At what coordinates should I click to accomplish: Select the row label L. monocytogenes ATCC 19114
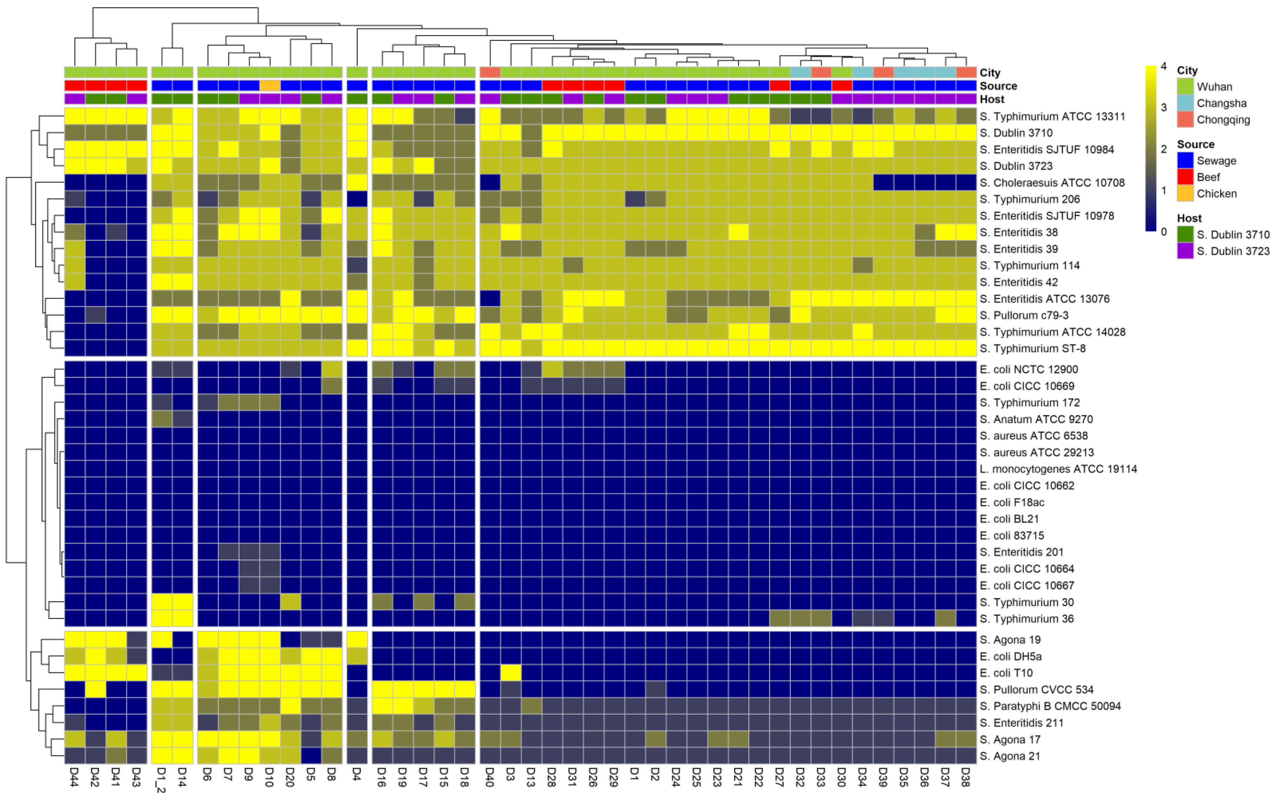click(1058, 469)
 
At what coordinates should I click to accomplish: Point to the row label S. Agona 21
click(1010, 756)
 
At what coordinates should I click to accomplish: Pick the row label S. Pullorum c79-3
click(1024, 315)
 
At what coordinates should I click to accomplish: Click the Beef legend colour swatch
click(1185, 177)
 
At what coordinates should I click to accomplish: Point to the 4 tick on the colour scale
click(1163, 67)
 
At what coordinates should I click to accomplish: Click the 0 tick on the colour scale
click(1163, 231)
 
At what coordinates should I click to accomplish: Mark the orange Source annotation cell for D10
click(270, 85)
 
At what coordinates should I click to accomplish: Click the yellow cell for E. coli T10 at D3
click(510, 672)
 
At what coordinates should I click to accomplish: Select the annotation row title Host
click(992, 99)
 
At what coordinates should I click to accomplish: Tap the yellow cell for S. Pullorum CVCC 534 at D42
click(95, 689)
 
